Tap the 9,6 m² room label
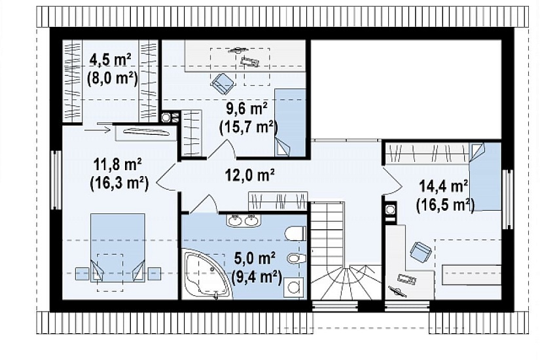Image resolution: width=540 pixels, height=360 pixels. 247,108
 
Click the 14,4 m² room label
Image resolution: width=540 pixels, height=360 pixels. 444,186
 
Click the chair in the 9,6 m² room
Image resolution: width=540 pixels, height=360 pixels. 223,83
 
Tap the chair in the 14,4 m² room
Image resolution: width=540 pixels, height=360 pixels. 420,251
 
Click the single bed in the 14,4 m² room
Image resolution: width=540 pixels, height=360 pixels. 485,176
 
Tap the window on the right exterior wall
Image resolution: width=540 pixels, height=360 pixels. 507,200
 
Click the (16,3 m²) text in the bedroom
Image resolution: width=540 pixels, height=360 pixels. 118,183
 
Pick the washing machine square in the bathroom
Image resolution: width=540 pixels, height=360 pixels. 295,287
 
